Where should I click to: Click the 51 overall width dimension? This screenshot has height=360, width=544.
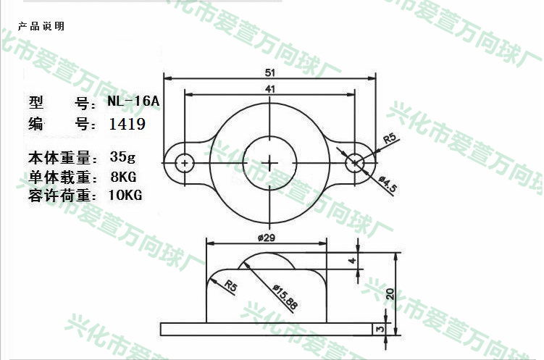click(270, 72)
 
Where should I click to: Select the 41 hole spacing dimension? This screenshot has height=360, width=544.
click(270, 89)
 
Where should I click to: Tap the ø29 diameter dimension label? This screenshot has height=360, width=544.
click(267, 238)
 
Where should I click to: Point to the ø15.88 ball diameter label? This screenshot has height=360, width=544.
click(285, 297)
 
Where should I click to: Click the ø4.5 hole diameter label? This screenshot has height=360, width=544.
click(388, 184)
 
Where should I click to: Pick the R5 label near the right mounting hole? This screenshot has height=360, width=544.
click(390, 138)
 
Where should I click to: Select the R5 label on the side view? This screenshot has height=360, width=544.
click(231, 286)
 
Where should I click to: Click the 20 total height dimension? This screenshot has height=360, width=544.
click(390, 294)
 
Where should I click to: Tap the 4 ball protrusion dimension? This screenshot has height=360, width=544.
click(353, 260)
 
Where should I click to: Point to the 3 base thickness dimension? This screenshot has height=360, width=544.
click(380, 328)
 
